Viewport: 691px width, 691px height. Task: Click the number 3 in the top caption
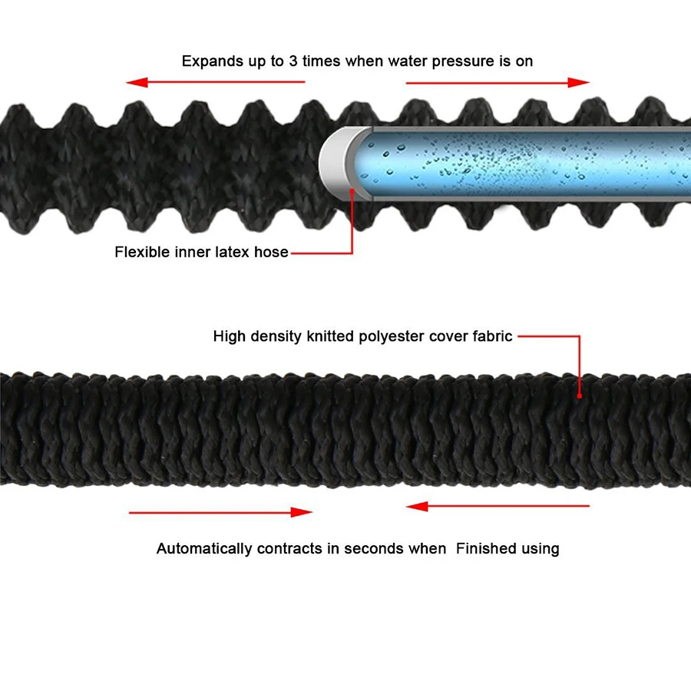[293, 61]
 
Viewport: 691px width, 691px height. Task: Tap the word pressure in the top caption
[448, 61]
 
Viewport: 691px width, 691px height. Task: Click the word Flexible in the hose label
[141, 252]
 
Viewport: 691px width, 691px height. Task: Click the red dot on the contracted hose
[580, 395]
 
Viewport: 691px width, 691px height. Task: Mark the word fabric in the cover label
[491, 336]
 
